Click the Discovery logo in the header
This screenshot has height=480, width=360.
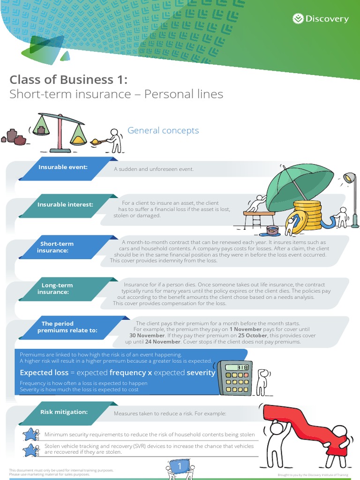pos(321,19)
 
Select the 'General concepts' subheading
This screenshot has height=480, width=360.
pos(164,130)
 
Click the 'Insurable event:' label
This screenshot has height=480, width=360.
pos(63,167)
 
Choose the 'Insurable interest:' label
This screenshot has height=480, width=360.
pos(65,204)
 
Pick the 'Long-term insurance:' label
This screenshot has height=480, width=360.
pos(57,288)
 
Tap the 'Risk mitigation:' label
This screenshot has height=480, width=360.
pos(64,412)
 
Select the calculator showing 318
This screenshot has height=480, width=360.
pos(235,378)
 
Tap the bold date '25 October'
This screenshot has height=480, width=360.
pos(253,336)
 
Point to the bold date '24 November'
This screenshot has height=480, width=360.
pos(163,342)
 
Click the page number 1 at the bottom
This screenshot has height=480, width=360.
pos(179,466)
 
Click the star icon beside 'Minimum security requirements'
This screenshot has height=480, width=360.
pos(31,435)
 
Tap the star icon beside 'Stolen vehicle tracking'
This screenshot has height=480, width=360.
pos(31,450)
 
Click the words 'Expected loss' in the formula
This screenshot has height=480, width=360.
pos(44,373)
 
